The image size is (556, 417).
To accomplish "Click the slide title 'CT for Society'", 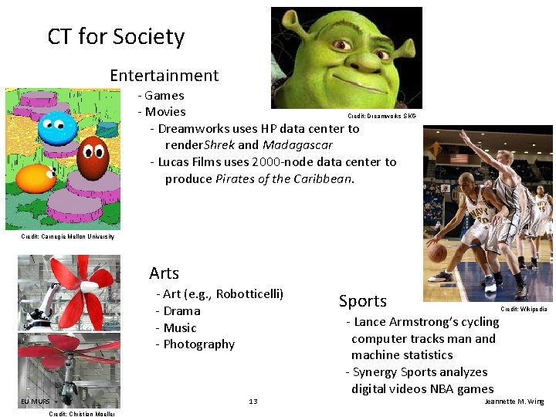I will point(116,36).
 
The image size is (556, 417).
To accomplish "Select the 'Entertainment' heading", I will point(164,76).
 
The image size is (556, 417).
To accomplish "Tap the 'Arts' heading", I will point(164,273).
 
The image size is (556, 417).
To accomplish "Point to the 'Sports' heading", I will point(362,301).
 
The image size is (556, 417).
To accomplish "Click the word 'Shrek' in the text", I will point(220,145).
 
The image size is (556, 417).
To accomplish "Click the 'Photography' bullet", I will point(198,344).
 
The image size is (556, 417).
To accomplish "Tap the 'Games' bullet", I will point(164,96).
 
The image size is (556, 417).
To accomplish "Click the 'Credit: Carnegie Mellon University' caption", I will point(67,236).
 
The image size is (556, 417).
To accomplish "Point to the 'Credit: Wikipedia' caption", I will point(524,309).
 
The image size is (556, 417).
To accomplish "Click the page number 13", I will point(253,402).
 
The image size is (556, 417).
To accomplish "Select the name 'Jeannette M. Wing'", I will point(514,402).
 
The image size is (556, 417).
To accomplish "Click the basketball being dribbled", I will point(438,253).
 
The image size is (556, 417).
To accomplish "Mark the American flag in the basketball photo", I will point(459,158).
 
